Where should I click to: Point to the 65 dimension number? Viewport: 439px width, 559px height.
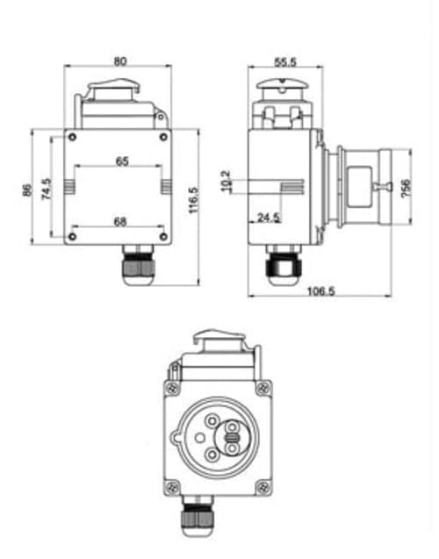point(121,161)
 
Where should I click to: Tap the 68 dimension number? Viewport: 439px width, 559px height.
point(119,221)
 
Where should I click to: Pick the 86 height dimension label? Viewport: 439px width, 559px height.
point(26,189)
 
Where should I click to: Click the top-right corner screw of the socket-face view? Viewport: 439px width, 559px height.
point(261,388)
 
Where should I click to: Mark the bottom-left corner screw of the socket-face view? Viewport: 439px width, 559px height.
point(171,484)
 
